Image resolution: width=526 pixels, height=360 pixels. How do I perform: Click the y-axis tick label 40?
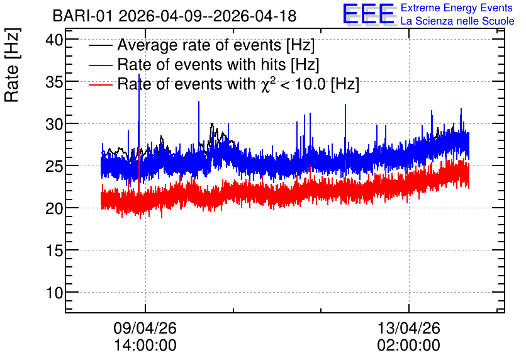click(54, 40)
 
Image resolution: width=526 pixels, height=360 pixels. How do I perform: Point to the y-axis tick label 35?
click(54, 82)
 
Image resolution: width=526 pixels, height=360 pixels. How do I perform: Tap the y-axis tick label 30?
click(54, 125)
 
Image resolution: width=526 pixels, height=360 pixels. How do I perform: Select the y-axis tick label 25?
click(54, 166)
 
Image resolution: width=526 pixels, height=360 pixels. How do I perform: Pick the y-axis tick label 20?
click(54, 209)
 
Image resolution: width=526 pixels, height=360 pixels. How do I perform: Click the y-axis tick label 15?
click(54, 250)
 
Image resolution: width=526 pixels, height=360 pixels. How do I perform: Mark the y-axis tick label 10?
click(54, 293)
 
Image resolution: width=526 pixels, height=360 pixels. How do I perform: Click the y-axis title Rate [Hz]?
click(12, 65)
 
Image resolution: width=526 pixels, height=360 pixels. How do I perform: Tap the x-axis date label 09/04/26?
click(145, 328)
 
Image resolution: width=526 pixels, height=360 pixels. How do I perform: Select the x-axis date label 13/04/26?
click(408, 328)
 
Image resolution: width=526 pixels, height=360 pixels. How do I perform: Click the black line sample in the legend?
click(100, 45)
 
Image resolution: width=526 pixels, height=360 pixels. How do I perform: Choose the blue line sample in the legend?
click(100, 65)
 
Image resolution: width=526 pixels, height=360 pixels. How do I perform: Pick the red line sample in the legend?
click(100, 84)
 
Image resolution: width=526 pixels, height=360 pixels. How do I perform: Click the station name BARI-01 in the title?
click(82, 16)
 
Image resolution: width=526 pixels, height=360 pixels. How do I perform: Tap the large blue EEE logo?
click(369, 14)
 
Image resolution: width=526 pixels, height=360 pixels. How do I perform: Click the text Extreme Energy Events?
click(457, 8)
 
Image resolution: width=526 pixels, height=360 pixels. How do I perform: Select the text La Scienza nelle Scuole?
click(457, 21)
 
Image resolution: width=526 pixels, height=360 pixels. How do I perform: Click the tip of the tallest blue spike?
click(139, 74)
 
